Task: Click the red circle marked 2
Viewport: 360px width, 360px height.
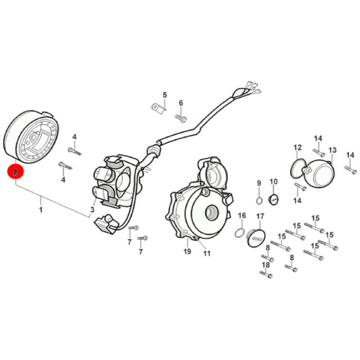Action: (15, 172)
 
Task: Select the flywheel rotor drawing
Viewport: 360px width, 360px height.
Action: (31, 137)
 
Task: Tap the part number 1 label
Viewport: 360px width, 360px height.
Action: (41, 210)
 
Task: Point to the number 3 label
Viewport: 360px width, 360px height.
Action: (92, 209)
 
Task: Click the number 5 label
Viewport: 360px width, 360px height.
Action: (165, 95)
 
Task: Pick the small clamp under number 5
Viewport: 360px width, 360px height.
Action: (158, 109)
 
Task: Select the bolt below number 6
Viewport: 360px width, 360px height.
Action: (181, 119)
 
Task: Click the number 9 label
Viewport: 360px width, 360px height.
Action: (259, 183)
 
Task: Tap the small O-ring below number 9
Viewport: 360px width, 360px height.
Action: (259, 200)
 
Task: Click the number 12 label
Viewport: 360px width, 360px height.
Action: (298, 147)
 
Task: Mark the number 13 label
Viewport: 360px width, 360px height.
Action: (332, 150)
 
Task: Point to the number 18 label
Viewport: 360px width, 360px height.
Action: (266, 265)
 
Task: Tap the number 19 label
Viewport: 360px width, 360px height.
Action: (187, 251)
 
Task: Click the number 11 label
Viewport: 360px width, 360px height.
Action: (206, 254)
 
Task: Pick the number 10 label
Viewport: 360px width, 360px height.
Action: (273, 182)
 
